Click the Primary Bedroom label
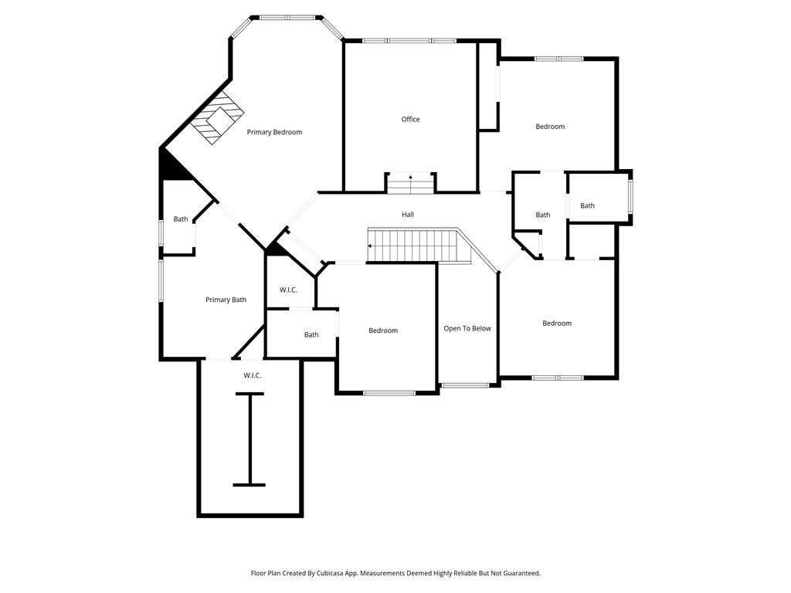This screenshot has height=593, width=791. click(x=274, y=132)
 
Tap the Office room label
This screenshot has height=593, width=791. click(x=410, y=119)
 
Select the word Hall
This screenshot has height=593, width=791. click(x=408, y=214)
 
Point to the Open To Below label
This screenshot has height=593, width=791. click(x=467, y=328)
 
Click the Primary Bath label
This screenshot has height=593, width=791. click(x=226, y=300)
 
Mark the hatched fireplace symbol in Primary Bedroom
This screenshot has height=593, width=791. click(x=217, y=119)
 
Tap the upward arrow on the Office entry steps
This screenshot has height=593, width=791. click(x=410, y=178)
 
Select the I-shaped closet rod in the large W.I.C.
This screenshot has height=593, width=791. click(x=249, y=439)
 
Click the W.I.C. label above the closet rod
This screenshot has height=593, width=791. click(x=253, y=375)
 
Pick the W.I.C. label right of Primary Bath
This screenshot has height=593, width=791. click(x=288, y=290)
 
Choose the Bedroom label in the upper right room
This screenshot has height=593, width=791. click(x=550, y=127)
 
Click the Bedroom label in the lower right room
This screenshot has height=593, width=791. click(x=556, y=323)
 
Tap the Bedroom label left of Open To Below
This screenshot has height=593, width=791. click(x=383, y=330)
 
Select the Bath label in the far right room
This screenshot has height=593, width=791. click(x=588, y=205)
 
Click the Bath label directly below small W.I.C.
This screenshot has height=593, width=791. click(x=311, y=334)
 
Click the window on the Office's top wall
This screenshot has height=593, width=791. click(x=409, y=41)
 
